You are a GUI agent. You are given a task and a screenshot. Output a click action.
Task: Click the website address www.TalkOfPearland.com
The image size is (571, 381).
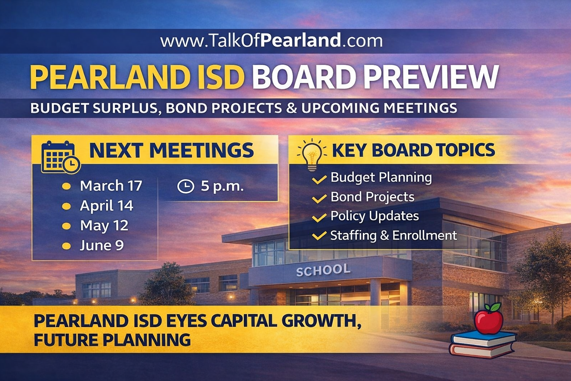[271, 40]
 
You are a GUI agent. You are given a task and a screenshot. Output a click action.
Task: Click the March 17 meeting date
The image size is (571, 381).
[111, 186]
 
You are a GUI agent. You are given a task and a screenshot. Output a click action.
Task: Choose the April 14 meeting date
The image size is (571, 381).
[106, 206]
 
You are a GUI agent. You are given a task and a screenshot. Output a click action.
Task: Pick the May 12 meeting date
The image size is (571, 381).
[104, 225]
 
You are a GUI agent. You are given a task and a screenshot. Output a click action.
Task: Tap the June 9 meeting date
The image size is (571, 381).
[101, 246]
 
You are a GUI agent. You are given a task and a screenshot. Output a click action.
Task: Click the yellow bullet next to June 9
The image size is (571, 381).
[66, 246]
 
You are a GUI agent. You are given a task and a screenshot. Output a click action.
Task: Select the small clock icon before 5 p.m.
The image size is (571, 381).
[186, 186]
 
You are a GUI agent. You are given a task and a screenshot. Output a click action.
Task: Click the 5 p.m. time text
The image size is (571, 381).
[222, 186]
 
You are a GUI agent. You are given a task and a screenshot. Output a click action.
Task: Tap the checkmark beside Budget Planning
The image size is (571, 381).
[319, 180]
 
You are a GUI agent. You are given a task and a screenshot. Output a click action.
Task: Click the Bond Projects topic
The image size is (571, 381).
[372, 197]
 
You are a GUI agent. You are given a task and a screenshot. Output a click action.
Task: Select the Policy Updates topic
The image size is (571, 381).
[374, 216]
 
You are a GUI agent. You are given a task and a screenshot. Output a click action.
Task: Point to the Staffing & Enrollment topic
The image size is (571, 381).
[393, 236]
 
